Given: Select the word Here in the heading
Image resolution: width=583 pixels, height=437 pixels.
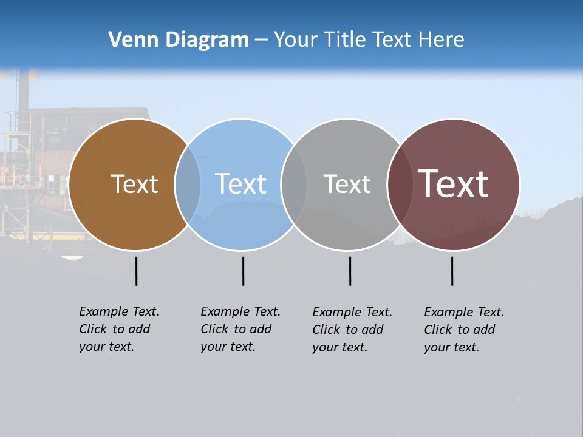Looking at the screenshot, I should pos(442,40).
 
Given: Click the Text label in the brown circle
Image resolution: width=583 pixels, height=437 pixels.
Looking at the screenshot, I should pos(134,184).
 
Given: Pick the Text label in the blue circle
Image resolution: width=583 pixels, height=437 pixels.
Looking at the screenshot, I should pos(240,184).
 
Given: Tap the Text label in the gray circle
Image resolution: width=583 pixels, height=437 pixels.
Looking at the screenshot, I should pos(347,184).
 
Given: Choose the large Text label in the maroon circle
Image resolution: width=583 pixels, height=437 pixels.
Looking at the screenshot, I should pos(453,183).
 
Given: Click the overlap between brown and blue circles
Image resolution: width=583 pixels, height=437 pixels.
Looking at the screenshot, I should pos(188,185).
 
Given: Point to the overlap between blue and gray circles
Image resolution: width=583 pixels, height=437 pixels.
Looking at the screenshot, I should pos(294,185).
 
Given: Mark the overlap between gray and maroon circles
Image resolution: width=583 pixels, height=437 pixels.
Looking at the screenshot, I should pos(399,185).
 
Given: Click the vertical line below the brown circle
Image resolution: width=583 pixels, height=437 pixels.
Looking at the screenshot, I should pos(137,271).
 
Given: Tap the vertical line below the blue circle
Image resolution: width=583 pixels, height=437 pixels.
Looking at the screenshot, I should pos(243,271).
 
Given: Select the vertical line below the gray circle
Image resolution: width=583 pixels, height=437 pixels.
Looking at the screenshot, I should pos(350,271).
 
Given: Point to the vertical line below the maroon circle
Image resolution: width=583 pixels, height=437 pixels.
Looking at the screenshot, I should pos(452,271).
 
